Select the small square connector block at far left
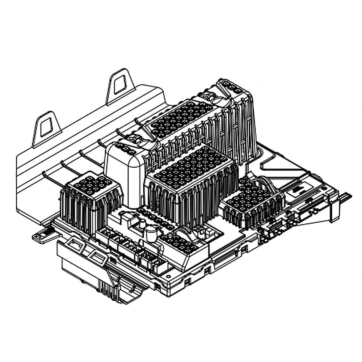click(x=90, y=203)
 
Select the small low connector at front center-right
click(x=181, y=243)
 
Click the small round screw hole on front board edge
click(x=169, y=276)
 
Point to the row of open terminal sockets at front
click(x=130, y=250)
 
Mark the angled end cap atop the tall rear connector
click(x=232, y=87)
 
